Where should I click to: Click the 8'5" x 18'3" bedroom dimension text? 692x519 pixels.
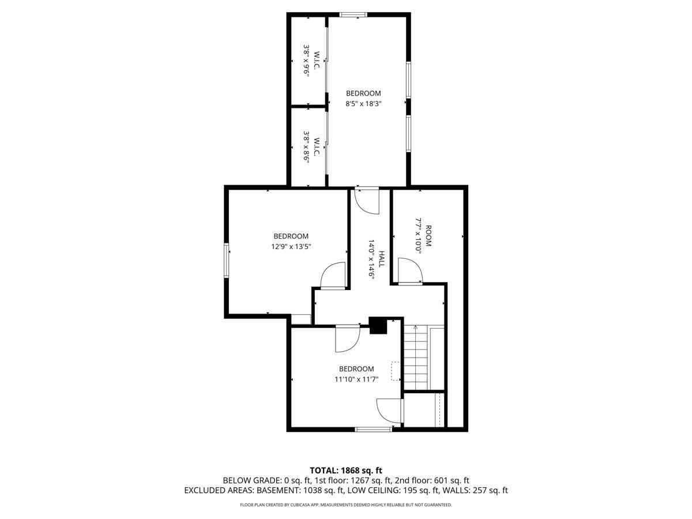363,104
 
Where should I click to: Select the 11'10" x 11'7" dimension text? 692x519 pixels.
356,379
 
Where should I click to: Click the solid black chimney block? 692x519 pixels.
378,326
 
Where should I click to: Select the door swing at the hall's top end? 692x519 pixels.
367,201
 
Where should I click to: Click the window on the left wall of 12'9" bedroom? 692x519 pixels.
227,261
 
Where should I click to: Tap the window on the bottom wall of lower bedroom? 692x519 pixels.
373,429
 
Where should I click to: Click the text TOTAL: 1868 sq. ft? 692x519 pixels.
346,471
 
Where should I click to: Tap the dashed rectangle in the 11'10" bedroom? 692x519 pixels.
396,371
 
